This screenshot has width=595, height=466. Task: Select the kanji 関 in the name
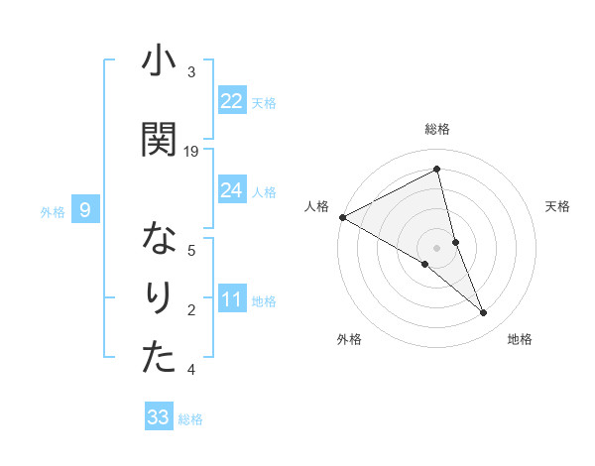pyautogui.click(x=159, y=139)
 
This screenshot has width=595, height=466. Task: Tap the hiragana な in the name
pyautogui.click(x=159, y=240)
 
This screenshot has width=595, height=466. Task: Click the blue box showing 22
pyautogui.click(x=231, y=101)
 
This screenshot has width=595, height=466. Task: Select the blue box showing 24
pyautogui.click(x=231, y=190)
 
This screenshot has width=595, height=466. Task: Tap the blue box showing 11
pyautogui.click(x=231, y=299)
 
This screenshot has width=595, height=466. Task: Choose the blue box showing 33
pyautogui.click(x=159, y=417)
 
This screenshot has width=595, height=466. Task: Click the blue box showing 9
pyautogui.click(x=85, y=210)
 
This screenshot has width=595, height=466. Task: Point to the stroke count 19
pyautogui.click(x=191, y=152)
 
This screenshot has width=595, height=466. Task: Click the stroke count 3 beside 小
pyautogui.click(x=191, y=72)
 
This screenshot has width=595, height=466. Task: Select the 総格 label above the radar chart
pyautogui.click(x=437, y=129)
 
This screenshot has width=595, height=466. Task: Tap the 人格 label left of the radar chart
pyautogui.click(x=316, y=206)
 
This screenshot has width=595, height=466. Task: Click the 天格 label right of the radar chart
pyautogui.click(x=558, y=206)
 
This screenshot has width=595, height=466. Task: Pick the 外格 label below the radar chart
pyautogui.click(x=349, y=339)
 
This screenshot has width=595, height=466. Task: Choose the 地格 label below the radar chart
pyautogui.click(x=520, y=339)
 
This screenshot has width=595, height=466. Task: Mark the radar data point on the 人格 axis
pyautogui.click(x=342, y=217)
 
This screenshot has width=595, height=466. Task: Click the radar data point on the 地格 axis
pyautogui.click(x=484, y=313)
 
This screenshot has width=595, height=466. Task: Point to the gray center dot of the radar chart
pyautogui.click(x=437, y=247)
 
